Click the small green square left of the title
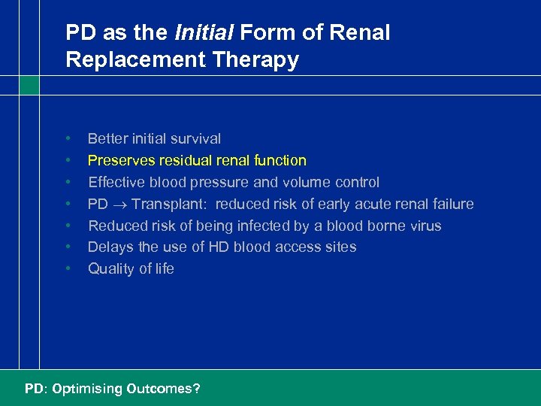point(29,85)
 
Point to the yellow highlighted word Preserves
point(119,160)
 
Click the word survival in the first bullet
point(197,138)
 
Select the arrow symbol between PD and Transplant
point(119,205)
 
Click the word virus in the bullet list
point(425,226)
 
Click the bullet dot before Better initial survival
point(68,138)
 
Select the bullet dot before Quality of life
point(68,268)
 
